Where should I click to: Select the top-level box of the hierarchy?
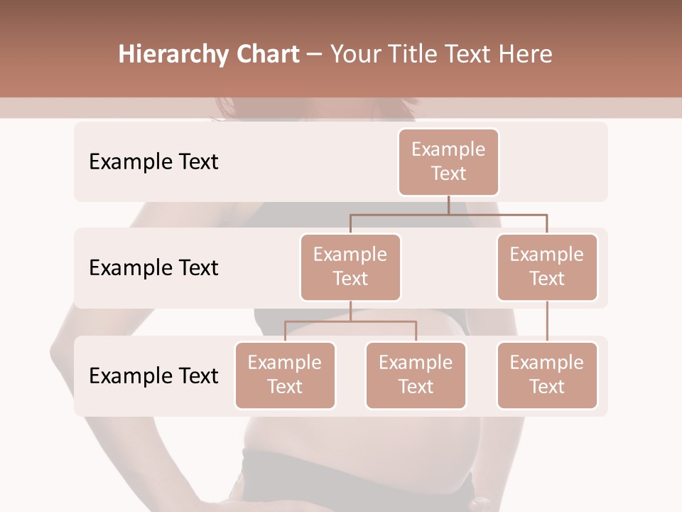pyautogui.click(x=448, y=162)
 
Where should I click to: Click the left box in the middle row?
pyautogui.click(x=350, y=267)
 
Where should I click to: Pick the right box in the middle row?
pyautogui.click(x=547, y=267)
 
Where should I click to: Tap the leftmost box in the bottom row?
pyautogui.click(x=285, y=375)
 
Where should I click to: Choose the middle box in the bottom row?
pyautogui.click(x=416, y=375)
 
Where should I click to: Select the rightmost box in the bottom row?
pyautogui.click(x=547, y=375)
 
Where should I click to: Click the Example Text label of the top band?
pyautogui.click(x=153, y=162)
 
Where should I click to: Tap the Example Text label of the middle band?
pyautogui.click(x=153, y=268)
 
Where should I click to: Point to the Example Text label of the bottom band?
pyautogui.click(x=153, y=376)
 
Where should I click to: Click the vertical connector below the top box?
pyautogui.click(x=448, y=205)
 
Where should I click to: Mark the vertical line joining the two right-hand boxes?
pyautogui.click(x=547, y=321)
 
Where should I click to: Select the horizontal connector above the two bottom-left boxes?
pyautogui.click(x=350, y=321)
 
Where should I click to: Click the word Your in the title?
pyautogui.click(x=353, y=55)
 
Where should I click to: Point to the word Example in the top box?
pyautogui.click(x=448, y=149)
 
